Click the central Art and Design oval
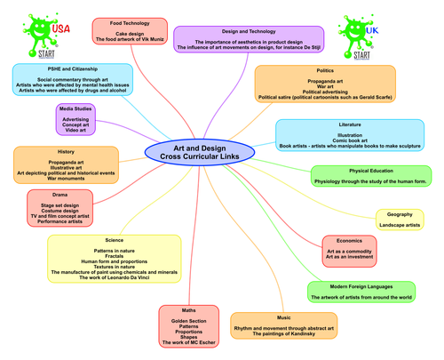click(x=199, y=152)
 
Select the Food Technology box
click(x=129, y=30)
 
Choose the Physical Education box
click(x=370, y=173)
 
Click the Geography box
click(x=405, y=219)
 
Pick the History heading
click(x=66, y=152)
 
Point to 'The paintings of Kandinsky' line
click(x=283, y=335)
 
